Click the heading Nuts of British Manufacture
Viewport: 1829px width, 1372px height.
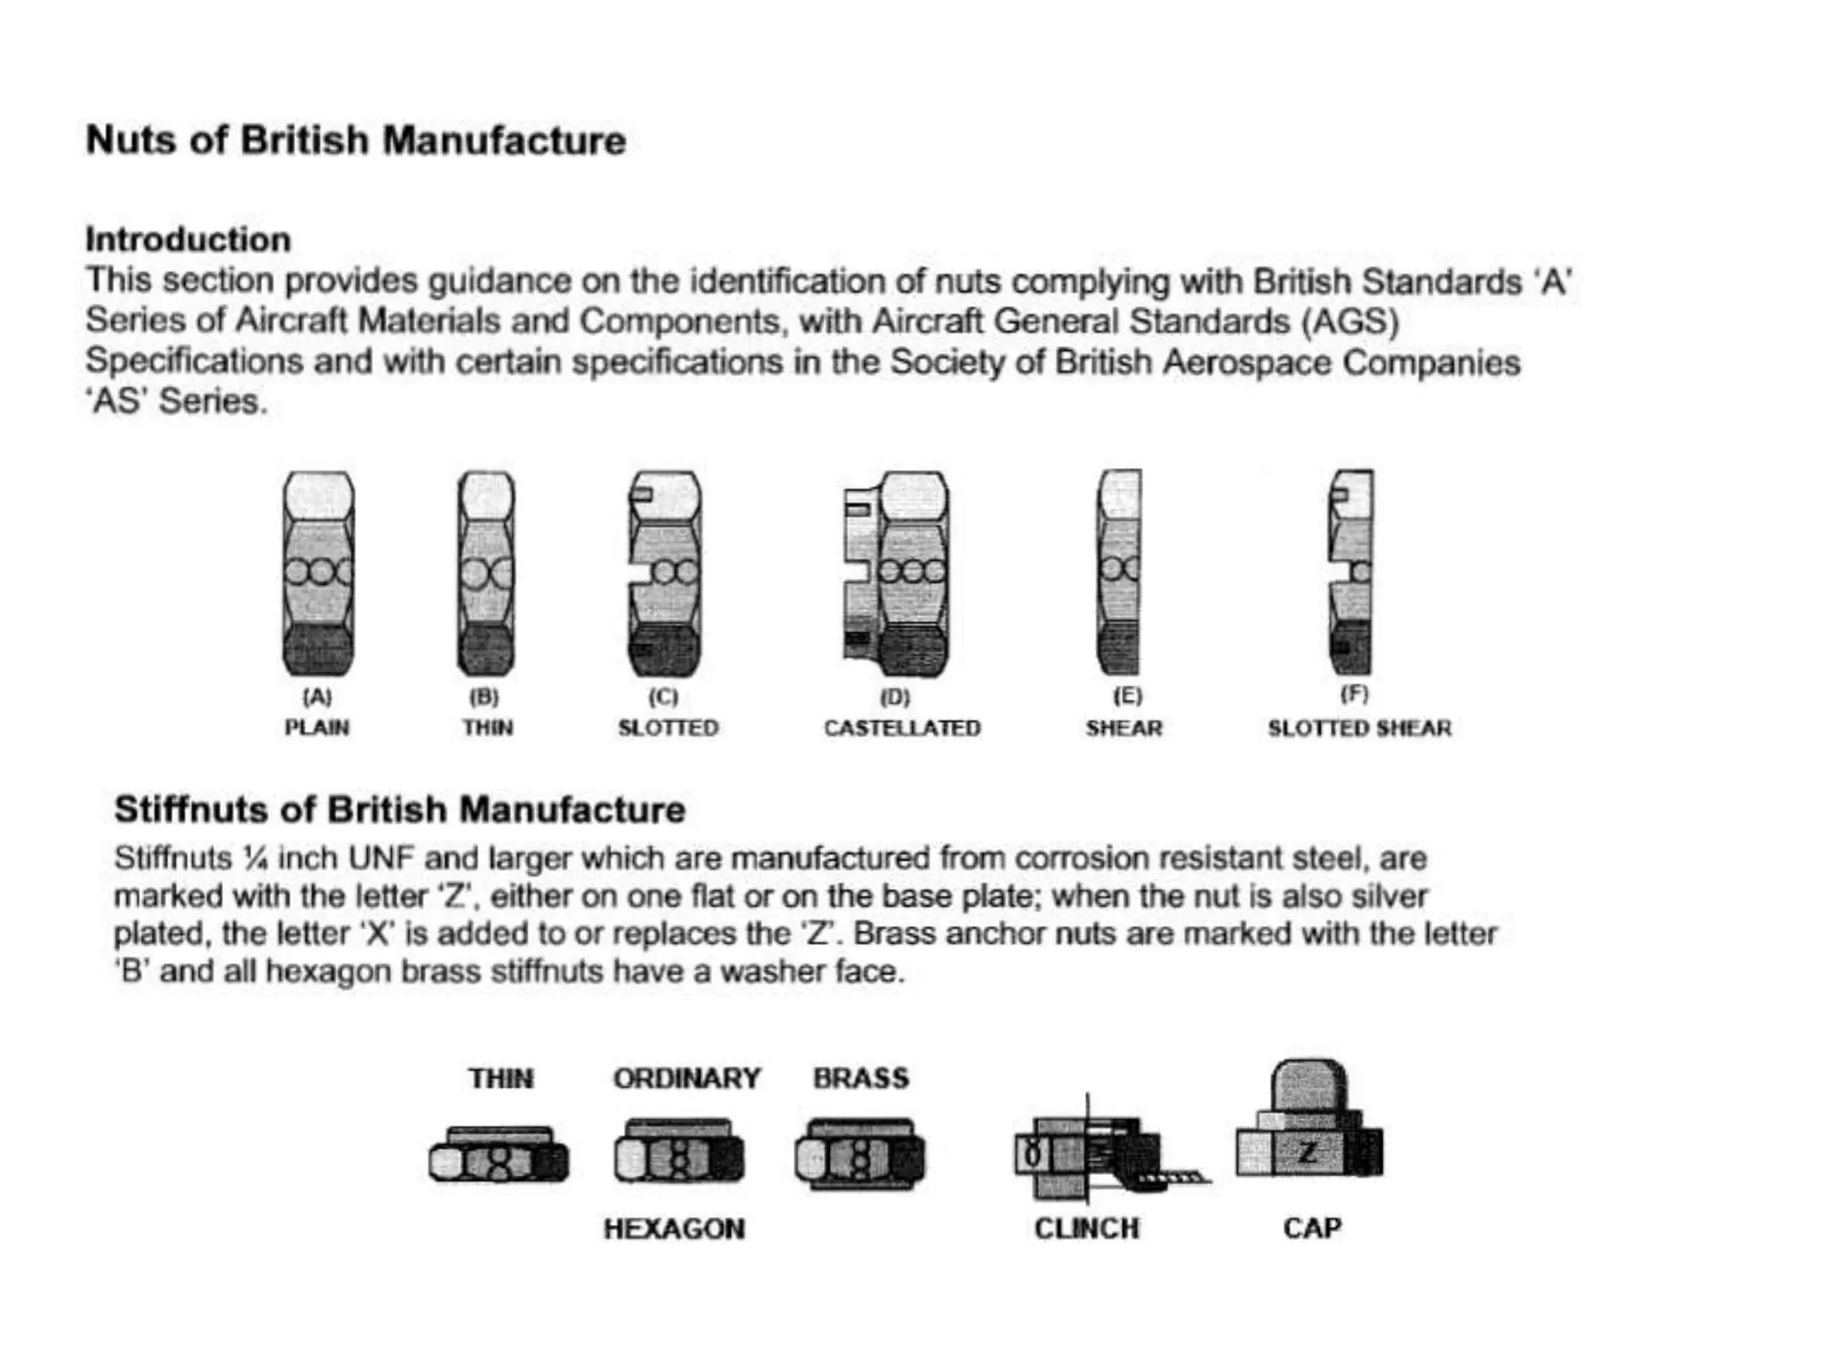[355, 141]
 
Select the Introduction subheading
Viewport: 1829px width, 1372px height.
[188, 239]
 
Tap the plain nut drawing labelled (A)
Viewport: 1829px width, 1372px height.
[318, 573]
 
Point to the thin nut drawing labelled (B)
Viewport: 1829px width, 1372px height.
[486, 573]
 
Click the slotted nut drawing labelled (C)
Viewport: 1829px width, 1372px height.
[664, 573]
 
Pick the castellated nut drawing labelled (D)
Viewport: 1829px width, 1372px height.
[898, 573]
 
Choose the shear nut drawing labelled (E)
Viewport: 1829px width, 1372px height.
[1119, 573]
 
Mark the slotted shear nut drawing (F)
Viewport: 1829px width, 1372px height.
[1350, 573]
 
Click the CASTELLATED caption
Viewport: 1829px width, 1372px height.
[902, 728]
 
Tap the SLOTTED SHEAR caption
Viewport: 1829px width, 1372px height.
[1359, 728]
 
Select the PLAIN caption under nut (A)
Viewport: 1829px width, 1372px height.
[317, 728]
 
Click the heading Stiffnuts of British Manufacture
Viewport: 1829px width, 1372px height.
[399, 809]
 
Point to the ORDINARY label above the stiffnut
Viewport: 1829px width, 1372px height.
[687, 1078]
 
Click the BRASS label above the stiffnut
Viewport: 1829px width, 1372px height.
[861, 1078]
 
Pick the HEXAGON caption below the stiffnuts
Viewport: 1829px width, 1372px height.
[674, 1228]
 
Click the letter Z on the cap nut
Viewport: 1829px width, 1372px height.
[1307, 1152]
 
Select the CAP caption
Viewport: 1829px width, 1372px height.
[1312, 1228]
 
